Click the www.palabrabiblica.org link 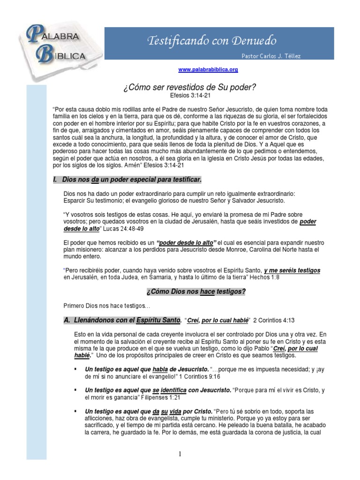coord(208,69)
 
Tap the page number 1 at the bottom coord(180,454)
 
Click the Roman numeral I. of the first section coord(56,180)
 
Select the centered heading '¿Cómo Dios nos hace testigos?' coord(196,292)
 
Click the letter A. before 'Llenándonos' coord(67,321)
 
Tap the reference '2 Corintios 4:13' coord(274,321)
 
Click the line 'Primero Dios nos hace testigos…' coord(106,306)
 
